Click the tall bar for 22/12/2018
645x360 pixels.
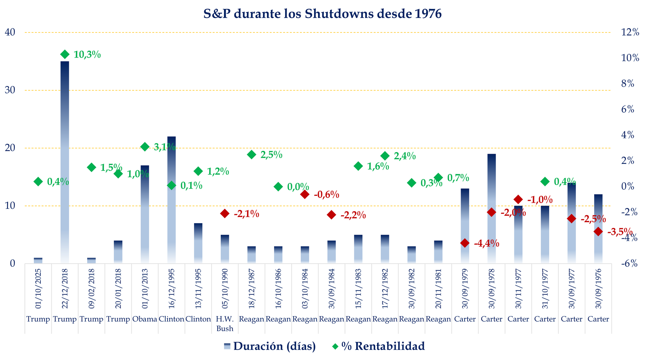65,162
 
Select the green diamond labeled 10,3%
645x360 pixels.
65,54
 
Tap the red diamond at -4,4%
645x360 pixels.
465,243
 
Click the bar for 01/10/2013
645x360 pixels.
145,216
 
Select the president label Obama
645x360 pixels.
145,319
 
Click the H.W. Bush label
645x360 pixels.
225,324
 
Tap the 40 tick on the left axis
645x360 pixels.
10,32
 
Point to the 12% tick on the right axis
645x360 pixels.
630,32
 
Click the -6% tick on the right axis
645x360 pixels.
630,264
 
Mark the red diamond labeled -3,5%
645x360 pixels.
598,231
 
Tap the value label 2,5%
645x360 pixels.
272,155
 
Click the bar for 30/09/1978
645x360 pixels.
492,209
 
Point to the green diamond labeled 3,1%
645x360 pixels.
145,147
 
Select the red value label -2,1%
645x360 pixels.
246,214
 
